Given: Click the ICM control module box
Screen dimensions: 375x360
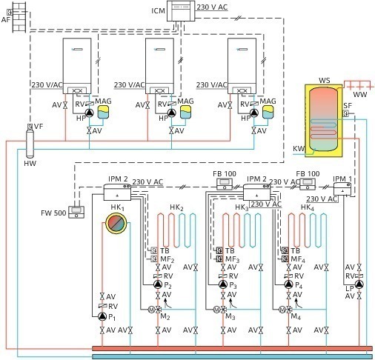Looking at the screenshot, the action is (181, 11).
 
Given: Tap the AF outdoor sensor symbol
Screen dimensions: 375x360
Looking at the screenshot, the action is (10, 12).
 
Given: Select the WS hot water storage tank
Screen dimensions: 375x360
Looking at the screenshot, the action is (324, 121).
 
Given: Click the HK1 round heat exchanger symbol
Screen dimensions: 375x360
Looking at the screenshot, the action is (116, 224).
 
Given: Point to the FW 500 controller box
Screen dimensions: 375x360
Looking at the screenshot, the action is (76, 213).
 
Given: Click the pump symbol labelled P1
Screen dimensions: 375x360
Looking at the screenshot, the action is (102, 316).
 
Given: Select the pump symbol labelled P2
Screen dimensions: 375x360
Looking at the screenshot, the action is (158, 284).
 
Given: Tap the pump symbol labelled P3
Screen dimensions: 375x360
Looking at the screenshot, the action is (223, 284).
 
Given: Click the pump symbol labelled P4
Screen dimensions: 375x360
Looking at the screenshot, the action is (288, 284).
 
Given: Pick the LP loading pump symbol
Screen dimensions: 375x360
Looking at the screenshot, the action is (359, 284).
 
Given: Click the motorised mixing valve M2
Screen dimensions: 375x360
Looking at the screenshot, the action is (155, 310).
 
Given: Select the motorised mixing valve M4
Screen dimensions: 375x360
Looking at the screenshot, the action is (285, 310).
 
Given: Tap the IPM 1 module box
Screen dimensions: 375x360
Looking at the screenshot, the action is (342, 189).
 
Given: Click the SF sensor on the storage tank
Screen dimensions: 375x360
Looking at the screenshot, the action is (345, 113).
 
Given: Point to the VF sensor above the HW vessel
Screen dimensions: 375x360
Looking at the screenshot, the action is (30, 127).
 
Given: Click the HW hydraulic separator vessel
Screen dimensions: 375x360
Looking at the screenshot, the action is (30, 144).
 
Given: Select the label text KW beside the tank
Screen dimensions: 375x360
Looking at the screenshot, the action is (299, 149).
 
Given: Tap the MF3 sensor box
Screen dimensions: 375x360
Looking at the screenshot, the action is (219, 259).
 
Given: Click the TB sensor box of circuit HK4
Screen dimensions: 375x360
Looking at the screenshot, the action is (285, 250).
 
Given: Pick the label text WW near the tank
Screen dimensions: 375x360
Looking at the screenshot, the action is (360, 94).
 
